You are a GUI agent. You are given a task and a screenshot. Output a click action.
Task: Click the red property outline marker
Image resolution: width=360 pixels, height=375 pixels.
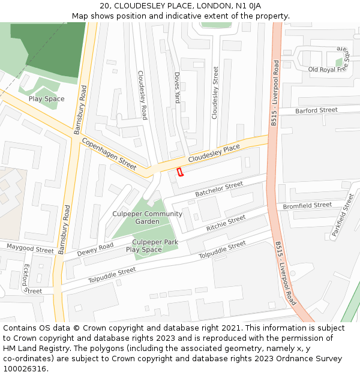179,172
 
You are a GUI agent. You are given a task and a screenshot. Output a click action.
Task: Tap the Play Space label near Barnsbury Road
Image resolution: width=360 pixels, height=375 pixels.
46,99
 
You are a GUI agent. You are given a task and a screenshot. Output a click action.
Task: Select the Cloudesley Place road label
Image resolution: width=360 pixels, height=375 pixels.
214,154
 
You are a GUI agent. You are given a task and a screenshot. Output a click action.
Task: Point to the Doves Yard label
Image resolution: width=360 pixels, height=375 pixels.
177,88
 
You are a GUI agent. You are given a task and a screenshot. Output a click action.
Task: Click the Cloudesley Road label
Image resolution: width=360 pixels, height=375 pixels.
143,95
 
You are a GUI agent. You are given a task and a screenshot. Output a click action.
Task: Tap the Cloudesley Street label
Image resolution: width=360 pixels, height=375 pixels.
215,92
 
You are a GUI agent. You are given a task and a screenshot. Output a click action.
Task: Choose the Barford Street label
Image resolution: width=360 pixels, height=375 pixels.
316,110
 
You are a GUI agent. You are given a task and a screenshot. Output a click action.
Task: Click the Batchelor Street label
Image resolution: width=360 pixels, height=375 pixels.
219,189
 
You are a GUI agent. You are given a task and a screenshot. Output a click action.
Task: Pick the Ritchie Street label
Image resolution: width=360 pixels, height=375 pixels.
226,223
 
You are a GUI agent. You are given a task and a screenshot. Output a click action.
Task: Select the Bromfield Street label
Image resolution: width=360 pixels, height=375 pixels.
307,205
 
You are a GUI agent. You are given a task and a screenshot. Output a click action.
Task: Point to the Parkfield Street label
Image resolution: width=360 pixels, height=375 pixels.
343,214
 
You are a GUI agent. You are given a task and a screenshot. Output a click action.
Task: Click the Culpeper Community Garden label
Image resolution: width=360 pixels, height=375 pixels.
147,217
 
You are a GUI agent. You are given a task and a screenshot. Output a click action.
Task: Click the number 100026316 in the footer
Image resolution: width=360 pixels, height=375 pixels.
25,369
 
